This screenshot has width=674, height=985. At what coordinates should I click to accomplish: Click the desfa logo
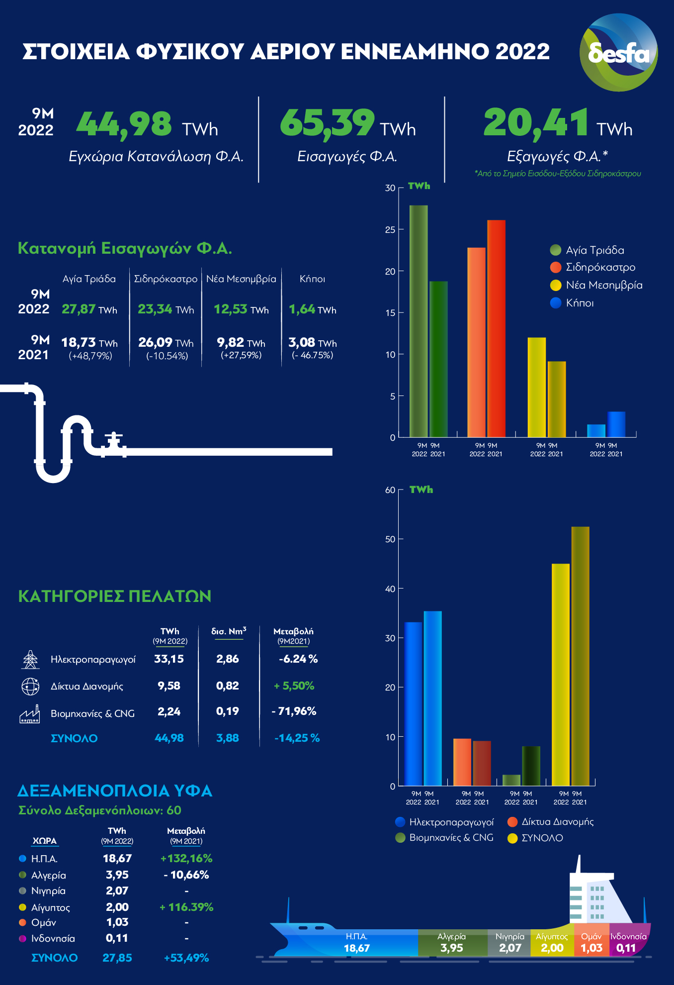[x=618, y=52]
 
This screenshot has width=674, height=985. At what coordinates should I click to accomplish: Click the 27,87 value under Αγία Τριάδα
[x=79, y=309]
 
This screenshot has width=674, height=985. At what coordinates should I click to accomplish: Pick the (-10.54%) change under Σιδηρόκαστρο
[x=167, y=356]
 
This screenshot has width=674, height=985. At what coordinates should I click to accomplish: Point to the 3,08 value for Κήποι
[x=302, y=342]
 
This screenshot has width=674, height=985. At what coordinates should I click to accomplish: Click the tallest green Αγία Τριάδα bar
[x=419, y=321]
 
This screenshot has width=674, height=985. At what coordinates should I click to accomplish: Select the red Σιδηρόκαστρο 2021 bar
[x=496, y=328]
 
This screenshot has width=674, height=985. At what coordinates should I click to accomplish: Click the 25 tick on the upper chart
[x=390, y=230]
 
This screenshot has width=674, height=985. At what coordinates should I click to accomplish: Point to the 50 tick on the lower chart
[x=390, y=539]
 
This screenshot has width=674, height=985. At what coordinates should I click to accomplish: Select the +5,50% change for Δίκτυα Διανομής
[x=294, y=686]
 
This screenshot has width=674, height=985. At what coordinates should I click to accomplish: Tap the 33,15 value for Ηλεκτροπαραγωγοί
[x=169, y=659]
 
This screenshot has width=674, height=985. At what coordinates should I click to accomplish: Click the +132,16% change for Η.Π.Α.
[x=186, y=858]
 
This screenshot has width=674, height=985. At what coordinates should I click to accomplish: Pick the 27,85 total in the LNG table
[x=117, y=958]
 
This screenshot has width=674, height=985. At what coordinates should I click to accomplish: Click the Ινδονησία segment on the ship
[x=628, y=942]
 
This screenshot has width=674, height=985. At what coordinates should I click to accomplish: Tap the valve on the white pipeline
[x=114, y=442]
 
